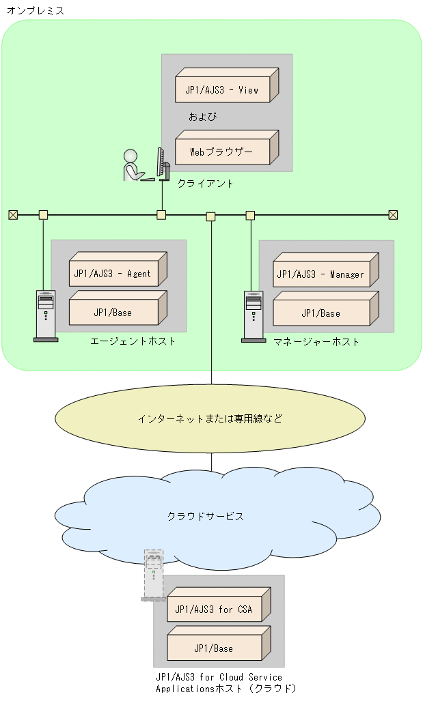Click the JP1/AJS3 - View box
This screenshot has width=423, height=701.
[x=223, y=89]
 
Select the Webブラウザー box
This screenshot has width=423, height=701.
[x=223, y=152]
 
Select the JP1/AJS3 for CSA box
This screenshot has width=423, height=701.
[x=215, y=609]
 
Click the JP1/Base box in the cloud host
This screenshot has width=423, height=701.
[x=215, y=648]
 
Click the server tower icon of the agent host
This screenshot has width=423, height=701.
[x=46, y=315]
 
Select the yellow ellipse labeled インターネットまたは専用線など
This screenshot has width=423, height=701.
[x=210, y=418]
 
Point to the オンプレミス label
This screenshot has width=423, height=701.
[x=36, y=10]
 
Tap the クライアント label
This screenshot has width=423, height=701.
[x=206, y=183]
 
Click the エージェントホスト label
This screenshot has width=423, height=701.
[x=133, y=341]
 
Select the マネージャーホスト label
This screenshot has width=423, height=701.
[x=316, y=341]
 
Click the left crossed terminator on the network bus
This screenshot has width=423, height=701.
[x=13, y=215]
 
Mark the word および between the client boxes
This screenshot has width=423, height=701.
[x=202, y=117]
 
